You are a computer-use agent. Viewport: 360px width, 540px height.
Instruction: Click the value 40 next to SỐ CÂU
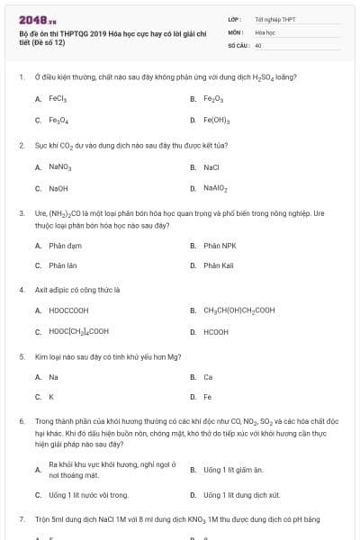coord(258,44)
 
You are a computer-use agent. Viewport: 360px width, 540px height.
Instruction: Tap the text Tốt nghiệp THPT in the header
coord(274,19)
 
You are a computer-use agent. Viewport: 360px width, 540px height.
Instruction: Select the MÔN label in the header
coord(236,31)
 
